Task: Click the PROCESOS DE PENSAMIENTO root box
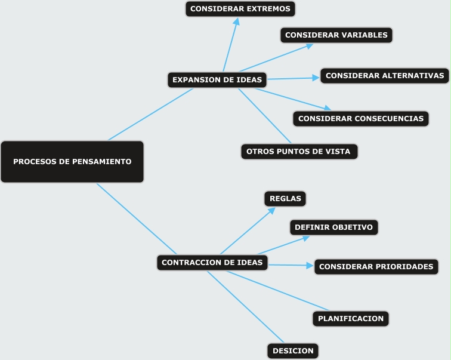pyautogui.click(x=72, y=161)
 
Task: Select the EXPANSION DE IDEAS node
pyautogui.click(x=217, y=79)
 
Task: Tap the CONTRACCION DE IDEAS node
pyautogui.click(x=212, y=262)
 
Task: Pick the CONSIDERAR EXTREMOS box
pyautogui.click(x=240, y=9)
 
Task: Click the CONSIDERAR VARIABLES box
pyautogui.click(x=336, y=35)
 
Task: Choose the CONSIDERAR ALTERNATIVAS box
pyautogui.click(x=385, y=76)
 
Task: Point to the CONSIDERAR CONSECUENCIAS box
pyautogui.click(x=360, y=118)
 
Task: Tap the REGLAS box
pyautogui.click(x=285, y=199)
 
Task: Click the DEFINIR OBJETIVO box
pyautogui.click(x=333, y=227)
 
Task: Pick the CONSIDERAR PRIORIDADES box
pyautogui.click(x=376, y=266)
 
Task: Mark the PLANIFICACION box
pyautogui.click(x=350, y=319)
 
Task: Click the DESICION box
pyautogui.click(x=292, y=350)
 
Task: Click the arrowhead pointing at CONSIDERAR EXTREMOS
pyautogui.click(x=237, y=21)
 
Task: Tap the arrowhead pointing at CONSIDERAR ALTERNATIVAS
pyautogui.click(x=317, y=78)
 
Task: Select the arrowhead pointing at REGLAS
pyautogui.click(x=271, y=210)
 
